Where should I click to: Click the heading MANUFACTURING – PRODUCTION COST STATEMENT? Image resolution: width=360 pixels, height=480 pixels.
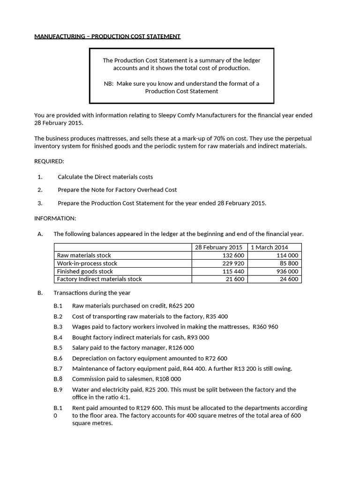click(x=107, y=37)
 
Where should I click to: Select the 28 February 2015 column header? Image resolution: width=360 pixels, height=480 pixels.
click(x=218, y=247)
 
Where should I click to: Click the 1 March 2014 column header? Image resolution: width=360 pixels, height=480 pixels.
click(x=270, y=247)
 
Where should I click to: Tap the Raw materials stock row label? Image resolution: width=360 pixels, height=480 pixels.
click(x=84, y=255)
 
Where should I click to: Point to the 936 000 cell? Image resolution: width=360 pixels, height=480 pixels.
click(x=287, y=271)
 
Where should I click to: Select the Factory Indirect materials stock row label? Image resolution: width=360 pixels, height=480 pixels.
click(x=99, y=279)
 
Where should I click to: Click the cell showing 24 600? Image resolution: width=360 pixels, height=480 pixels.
click(x=289, y=279)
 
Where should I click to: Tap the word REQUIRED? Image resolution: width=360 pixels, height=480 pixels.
click(x=49, y=161)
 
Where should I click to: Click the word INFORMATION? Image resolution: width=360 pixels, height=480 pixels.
click(x=55, y=218)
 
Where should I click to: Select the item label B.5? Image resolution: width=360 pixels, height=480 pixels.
click(x=58, y=348)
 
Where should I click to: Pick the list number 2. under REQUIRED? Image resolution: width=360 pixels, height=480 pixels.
click(x=40, y=190)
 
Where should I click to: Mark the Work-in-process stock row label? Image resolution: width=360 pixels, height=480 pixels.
click(x=87, y=263)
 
